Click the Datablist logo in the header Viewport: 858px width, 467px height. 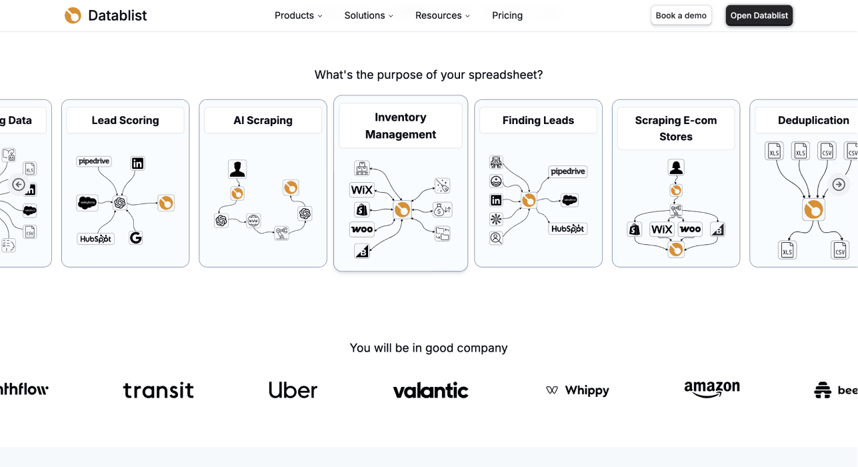[106, 15]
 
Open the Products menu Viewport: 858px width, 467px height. [298, 15]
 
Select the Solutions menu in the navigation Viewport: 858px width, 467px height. [369, 15]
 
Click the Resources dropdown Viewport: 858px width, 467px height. [442, 15]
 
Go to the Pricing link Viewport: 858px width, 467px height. [507, 15]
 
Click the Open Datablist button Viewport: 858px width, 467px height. [759, 15]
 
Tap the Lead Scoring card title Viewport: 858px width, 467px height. [125, 121]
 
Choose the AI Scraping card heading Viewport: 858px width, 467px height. [263, 121]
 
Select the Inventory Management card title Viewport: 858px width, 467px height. [401, 125]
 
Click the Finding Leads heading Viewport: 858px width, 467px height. [538, 121]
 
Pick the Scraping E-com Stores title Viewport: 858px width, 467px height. [675, 128]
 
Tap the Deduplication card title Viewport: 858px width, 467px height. [813, 121]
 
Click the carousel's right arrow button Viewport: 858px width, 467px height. [839, 185]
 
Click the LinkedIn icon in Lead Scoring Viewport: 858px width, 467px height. [137, 163]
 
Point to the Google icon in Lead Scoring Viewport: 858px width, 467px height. [136, 238]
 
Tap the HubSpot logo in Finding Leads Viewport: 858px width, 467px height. [567, 229]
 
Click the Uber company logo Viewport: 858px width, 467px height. [293, 390]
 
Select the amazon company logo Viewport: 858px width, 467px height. [711, 390]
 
